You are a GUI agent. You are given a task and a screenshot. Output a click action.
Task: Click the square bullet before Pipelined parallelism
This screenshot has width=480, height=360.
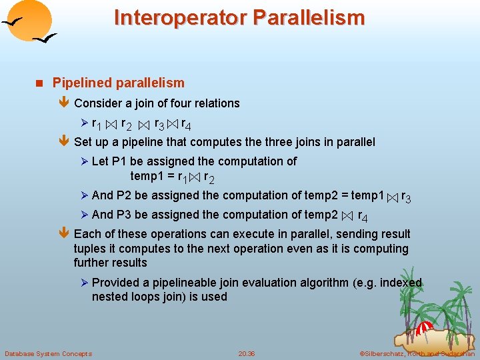39,83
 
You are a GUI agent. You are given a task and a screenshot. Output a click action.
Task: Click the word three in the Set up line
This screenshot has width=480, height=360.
280,142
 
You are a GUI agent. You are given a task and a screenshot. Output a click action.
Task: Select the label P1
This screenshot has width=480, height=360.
119,161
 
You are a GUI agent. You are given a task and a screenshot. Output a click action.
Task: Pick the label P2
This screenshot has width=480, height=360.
124,195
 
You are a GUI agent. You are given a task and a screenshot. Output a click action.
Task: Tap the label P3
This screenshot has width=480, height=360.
124,215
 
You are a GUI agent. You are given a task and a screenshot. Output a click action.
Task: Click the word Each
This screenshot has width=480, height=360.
87,234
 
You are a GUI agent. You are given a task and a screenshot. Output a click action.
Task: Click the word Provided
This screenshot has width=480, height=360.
117,283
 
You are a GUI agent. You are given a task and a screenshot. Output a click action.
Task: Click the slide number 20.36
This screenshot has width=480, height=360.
247,353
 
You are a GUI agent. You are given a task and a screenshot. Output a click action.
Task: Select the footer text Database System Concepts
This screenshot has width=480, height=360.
48,353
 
